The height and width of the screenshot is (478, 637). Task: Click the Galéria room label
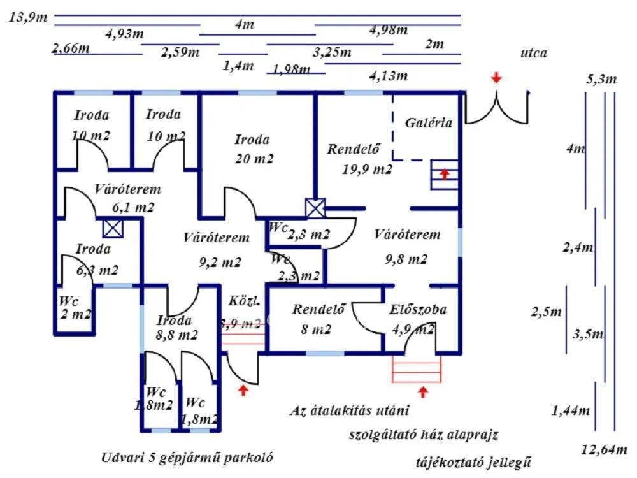tap(429, 123)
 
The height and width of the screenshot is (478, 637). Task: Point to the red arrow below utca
tap(496, 78)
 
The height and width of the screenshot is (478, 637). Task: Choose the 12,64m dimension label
tap(604, 450)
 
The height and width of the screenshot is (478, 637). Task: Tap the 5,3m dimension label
tap(601, 80)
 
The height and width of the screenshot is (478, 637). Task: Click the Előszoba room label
tap(418, 310)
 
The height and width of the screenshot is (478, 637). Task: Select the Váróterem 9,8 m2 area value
tap(406, 259)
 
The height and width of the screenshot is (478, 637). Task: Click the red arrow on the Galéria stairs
tap(445, 173)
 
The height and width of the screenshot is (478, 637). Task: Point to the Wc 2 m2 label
tap(75, 308)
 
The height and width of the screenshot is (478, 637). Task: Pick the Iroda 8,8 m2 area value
tap(176, 335)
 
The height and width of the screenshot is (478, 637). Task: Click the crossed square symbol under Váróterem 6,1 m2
tap(113, 228)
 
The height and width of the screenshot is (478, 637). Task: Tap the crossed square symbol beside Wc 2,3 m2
tap(315, 208)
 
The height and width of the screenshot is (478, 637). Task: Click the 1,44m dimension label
tap(570, 410)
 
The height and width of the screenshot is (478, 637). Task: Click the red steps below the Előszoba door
tap(417, 368)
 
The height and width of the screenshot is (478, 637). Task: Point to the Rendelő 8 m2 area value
tap(317, 330)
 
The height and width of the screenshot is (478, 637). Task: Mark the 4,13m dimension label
tap(388, 76)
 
